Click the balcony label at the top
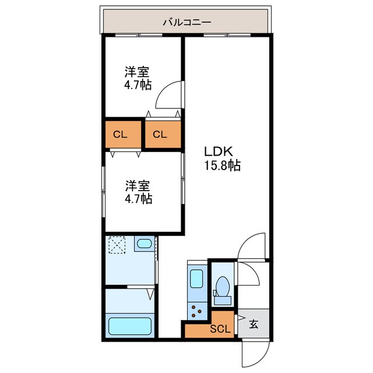[x=186, y=23]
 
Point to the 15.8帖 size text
[x=222, y=166]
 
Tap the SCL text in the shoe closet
[x=220, y=328]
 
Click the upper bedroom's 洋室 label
[x=138, y=72]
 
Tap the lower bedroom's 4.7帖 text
[x=139, y=199]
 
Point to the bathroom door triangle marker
[x=150, y=294]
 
